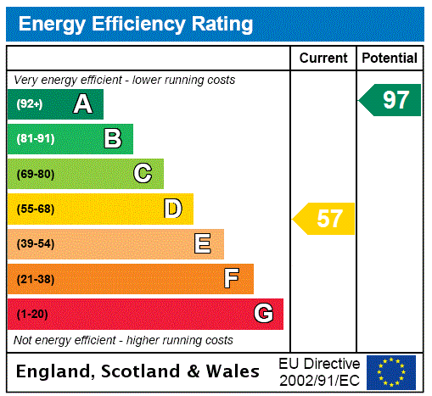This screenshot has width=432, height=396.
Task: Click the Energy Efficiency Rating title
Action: click(136, 24)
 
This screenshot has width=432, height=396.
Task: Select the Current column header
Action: click(323, 59)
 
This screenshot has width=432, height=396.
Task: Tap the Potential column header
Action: click(390, 59)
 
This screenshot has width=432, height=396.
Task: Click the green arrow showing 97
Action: click(391, 100)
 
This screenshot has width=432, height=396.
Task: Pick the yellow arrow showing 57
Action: click(325, 219)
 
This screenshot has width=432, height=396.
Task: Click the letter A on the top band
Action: click(82, 104)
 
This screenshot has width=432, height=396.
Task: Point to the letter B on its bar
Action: click(112, 139)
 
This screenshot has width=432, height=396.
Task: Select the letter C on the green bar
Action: click(143, 174)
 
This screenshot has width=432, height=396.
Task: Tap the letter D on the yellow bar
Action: click(172, 209)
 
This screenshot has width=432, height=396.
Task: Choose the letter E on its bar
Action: click(203, 244)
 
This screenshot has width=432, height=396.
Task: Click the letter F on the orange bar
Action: click(232, 279)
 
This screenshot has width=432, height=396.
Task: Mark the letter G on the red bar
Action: click(263, 314)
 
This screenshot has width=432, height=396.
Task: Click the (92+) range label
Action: click(30, 104)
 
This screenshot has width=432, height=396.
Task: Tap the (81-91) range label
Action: click(35, 139)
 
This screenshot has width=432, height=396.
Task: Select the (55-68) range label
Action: click(35, 209)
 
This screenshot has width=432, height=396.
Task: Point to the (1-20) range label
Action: click(32, 314)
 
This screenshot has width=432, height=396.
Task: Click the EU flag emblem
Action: click(391, 372)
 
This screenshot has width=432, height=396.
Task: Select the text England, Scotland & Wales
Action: click(137, 371)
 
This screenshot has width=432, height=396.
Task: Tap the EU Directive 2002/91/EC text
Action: click(319, 371)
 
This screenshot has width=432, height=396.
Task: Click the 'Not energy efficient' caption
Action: click(123, 340)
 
